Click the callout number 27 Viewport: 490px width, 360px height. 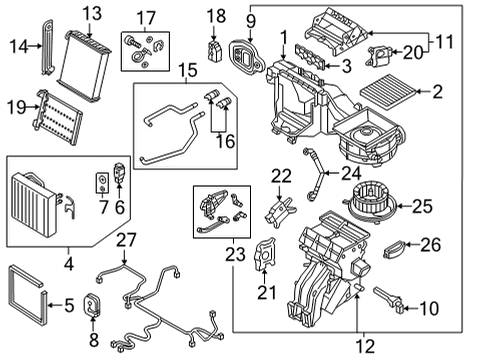click(x=126, y=240)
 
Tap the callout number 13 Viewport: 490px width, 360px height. click(x=92, y=14)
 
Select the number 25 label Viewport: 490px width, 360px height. click(x=422, y=206)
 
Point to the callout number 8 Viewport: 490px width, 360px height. click(x=94, y=340)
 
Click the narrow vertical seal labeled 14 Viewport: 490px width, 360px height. click(x=48, y=47)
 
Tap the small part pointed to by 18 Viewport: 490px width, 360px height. click(x=214, y=51)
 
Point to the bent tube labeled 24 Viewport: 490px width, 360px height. click(x=314, y=175)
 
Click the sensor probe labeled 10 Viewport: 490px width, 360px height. click(x=389, y=300)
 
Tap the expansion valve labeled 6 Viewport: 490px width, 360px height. click(x=120, y=173)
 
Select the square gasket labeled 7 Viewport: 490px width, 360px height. click(x=102, y=183)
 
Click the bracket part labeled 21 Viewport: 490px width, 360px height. click(x=265, y=254)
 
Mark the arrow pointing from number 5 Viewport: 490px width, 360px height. click(x=56, y=305)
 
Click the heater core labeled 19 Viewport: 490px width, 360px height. click(x=57, y=117)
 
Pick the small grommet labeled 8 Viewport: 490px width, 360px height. click(x=92, y=304)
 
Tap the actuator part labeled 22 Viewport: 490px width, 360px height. click(x=280, y=212)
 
